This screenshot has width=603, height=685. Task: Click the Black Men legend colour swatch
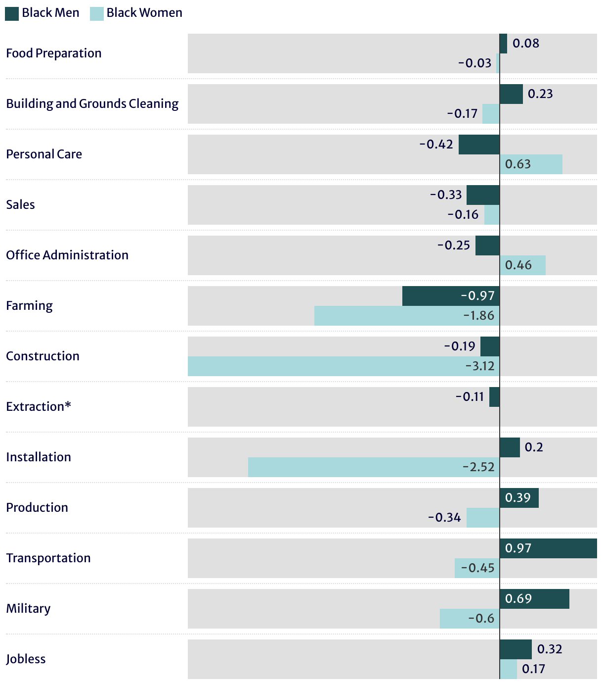tap(12, 13)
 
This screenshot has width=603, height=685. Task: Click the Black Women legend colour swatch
tap(97, 13)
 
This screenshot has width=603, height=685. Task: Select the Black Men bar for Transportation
tap(548, 548)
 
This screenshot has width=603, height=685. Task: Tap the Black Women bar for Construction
tap(344, 366)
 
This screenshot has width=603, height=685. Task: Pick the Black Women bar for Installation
tap(374, 467)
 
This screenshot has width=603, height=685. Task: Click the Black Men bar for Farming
tap(451, 296)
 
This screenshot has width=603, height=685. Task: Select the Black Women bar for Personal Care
tap(531, 164)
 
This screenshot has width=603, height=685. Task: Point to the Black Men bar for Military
tap(534, 599)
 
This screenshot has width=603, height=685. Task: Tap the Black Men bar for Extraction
tap(494, 397)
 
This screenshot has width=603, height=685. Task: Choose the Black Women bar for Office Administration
tap(522, 265)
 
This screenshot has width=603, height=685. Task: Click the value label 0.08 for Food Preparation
tap(526, 44)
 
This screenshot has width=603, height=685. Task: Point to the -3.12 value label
tap(480, 366)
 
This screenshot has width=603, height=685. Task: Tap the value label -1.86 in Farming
tap(478, 316)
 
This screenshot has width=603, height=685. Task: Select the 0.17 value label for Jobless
tap(533, 669)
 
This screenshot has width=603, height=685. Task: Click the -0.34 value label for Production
tap(444, 518)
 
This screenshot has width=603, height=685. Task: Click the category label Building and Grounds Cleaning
tap(92, 104)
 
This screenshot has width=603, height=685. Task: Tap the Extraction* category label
tap(39, 407)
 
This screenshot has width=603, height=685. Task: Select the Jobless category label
tap(26, 659)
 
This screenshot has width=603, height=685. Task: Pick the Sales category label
tap(21, 205)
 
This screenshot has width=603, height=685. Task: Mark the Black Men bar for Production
tap(519, 498)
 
